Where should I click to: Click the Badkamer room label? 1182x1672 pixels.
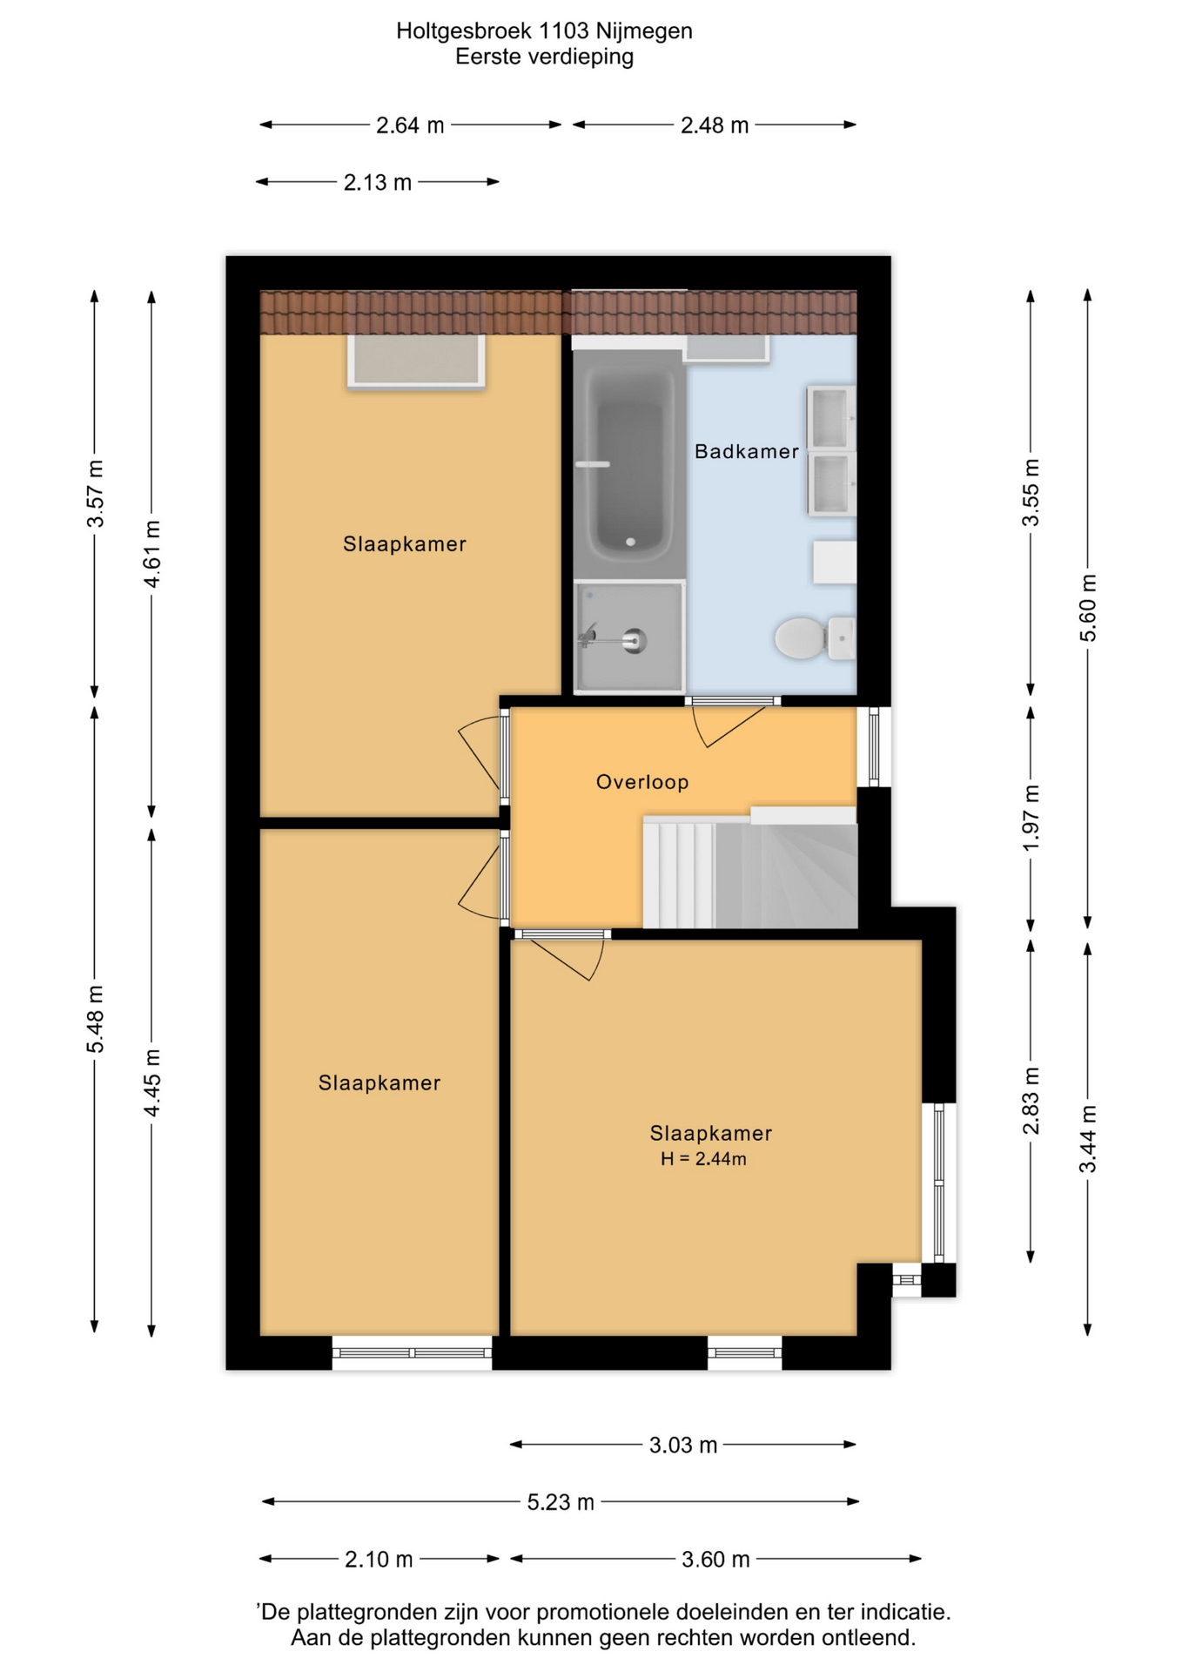746,451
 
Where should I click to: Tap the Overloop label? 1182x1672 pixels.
642,782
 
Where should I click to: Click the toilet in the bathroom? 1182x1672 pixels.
814,638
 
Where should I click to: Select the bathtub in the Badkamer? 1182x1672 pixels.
629,463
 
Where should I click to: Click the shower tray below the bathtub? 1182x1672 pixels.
629,637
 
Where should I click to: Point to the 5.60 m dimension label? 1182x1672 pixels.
1088,608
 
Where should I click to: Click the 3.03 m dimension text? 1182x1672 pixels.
683,1446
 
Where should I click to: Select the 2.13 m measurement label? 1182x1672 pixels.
377,183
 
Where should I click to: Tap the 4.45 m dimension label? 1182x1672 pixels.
151,1083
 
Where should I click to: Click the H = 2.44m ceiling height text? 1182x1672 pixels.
703,1159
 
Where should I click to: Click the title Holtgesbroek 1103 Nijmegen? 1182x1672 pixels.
544,30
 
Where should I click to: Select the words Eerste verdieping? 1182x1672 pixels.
544,57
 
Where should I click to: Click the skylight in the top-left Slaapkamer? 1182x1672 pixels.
416,361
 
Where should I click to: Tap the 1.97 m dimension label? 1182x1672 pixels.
1031,819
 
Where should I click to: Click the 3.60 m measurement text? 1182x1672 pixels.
715,1559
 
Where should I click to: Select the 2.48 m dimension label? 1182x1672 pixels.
715,125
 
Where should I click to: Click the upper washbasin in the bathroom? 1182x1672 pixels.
831,418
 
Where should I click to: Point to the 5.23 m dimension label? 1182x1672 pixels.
561,1502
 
